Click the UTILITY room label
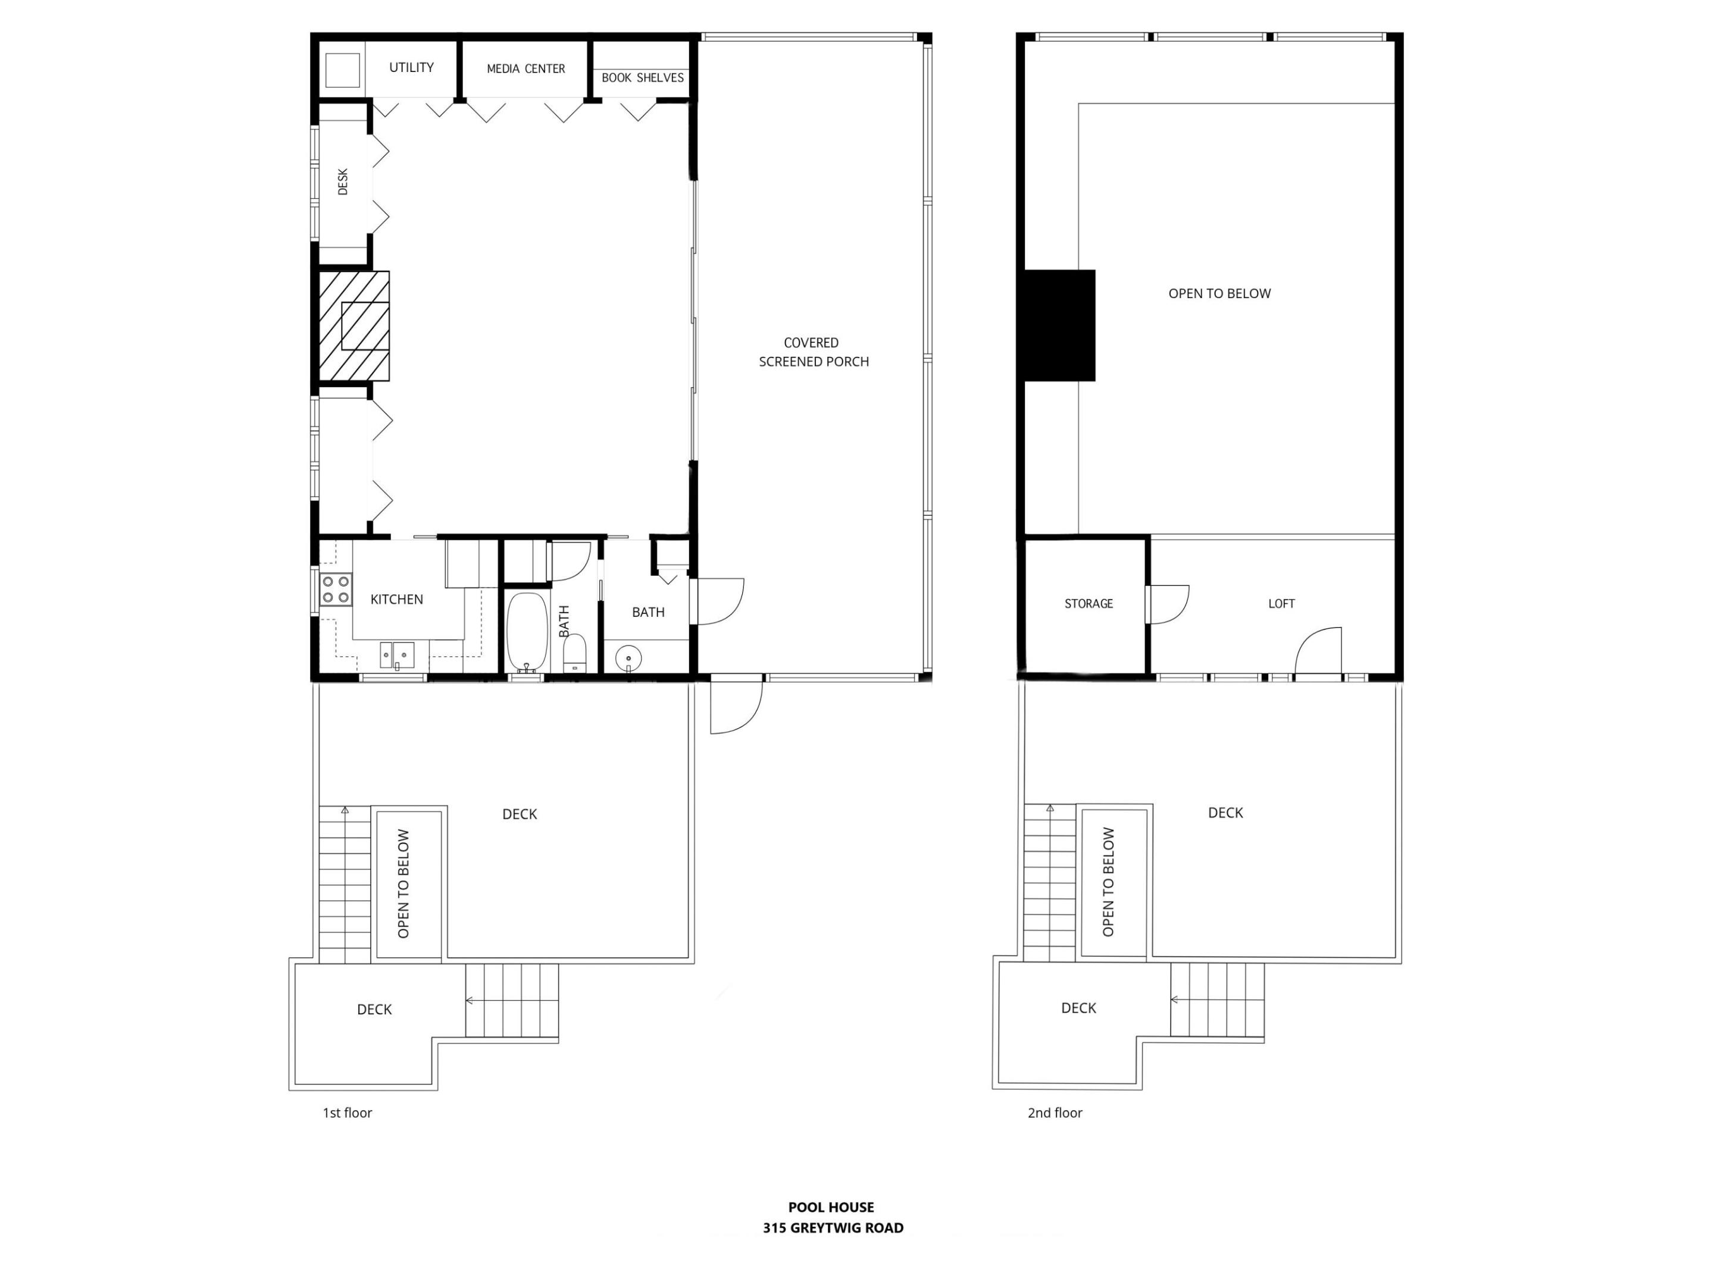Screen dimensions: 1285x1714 click(x=411, y=67)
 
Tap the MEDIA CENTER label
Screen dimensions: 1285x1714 click(x=526, y=69)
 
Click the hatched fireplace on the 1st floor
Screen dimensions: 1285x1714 click(x=354, y=326)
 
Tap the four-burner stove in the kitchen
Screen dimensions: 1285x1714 click(x=336, y=589)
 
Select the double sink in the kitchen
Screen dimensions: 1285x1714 click(x=397, y=655)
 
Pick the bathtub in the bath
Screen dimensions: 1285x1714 click(x=527, y=632)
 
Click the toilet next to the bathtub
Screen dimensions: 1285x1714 click(x=574, y=654)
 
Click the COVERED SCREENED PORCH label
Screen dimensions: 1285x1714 click(x=813, y=352)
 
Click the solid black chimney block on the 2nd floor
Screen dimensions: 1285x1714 click(x=1059, y=325)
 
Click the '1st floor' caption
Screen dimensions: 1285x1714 click(x=347, y=1113)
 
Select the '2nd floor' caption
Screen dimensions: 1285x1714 click(x=1055, y=1113)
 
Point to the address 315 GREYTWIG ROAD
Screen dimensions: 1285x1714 click(x=833, y=1228)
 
